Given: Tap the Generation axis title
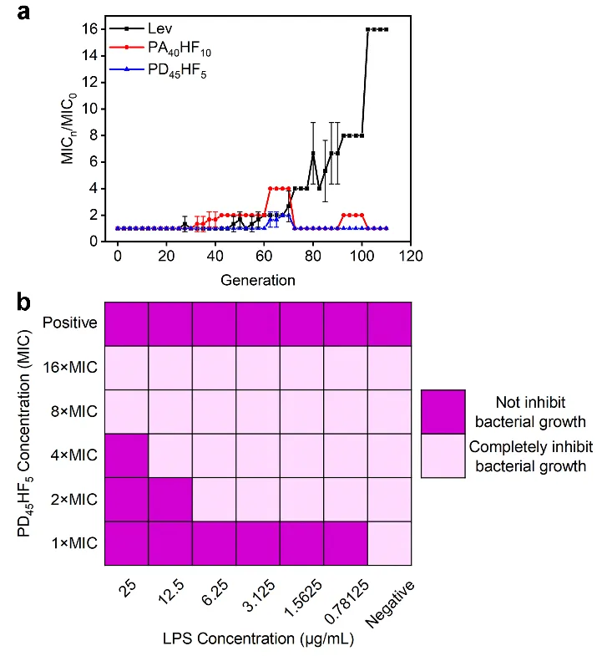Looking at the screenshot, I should [257, 279].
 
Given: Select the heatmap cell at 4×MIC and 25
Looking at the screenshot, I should [127, 455].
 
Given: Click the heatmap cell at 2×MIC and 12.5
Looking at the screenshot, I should [170, 500].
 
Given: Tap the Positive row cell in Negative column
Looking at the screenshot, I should [389, 324].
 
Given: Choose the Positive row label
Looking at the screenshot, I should [70, 324].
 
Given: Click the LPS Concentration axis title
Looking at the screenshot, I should [257, 639].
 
